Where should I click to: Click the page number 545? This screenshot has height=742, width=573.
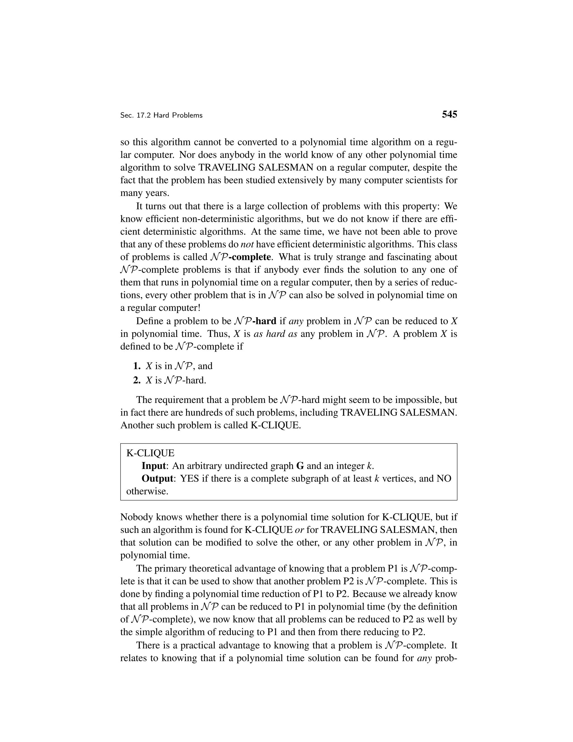tap(449, 115)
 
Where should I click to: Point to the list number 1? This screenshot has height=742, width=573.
tap(137, 366)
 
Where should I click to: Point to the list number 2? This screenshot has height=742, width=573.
tap(137, 380)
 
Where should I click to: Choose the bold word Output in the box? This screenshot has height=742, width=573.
tap(157, 479)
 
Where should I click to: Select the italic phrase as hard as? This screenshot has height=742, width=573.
tap(275, 334)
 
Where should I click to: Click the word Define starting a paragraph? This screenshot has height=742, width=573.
tap(150, 321)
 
